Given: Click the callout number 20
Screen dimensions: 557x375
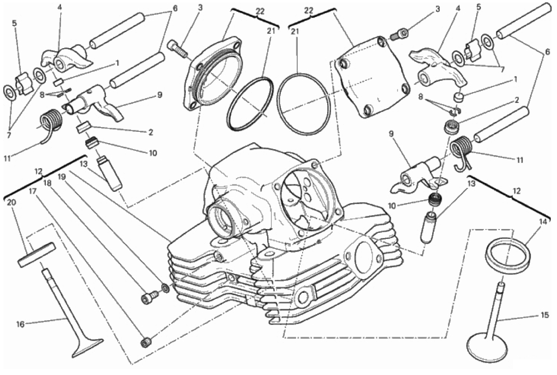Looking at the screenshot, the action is click(x=12, y=203).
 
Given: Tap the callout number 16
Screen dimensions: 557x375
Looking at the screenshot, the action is click(x=20, y=324).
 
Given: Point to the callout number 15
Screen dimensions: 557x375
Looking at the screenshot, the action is click(x=545, y=315).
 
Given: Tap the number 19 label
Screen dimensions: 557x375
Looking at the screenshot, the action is click(x=62, y=177).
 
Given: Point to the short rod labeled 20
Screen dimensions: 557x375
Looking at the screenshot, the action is click(x=36, y=253).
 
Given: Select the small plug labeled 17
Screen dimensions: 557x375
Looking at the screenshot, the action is click(x=146, y=342).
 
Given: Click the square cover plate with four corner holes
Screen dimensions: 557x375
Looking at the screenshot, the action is click(x=371, y=76).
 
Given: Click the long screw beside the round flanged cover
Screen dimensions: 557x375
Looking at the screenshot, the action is click(x=177, y=48).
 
